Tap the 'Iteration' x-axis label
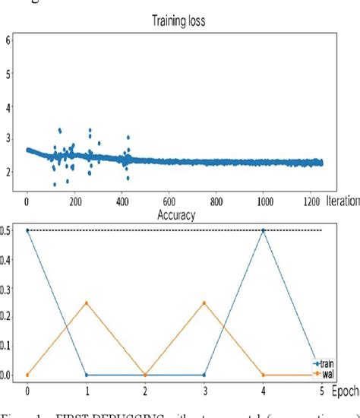pyautogui.click(x=337, y=203)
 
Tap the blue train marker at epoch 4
pyautogui.click(x=264, y=230)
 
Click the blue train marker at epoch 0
pyautogui.click(x=27, y=230)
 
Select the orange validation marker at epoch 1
pyautogui.click(x=87, y=302)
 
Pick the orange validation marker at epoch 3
pyautogui.click(x=204, y=302)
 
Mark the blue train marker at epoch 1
pyautogui.click(x=87, y=375)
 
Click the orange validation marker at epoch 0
pyautogui.click(x=27, y=375)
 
